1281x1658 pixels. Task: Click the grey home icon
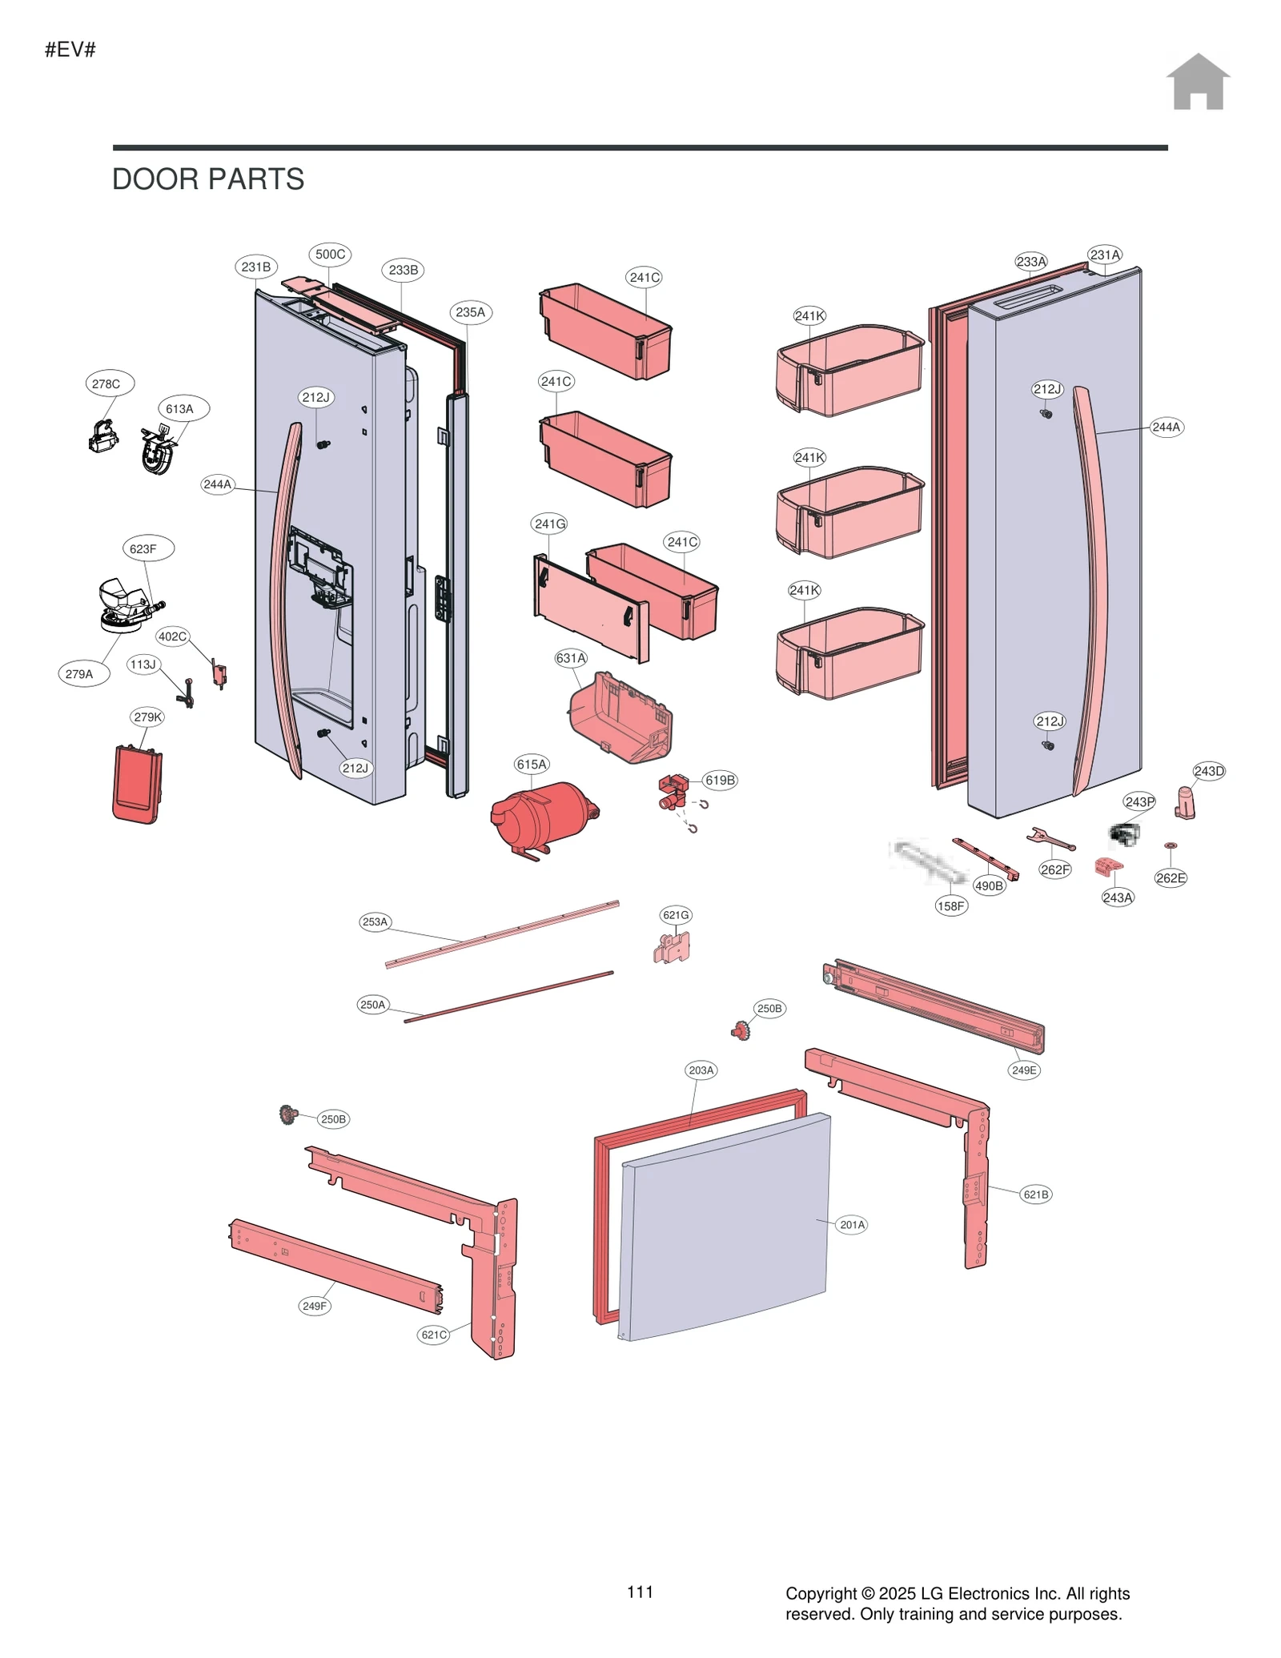tap(1197, 82)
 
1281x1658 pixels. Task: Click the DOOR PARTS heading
tap(207, 179)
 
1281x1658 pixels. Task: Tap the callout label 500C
tap(330, 255)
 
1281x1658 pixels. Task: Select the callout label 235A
tap(470, 312)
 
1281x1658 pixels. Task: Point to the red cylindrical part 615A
tap(541, 818)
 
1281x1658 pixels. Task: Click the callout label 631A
tap(571, 658)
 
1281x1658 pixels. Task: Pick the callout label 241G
tap(549, 524)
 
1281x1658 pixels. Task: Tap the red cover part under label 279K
tap(138, 784)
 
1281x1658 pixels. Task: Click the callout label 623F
tap(143, 548)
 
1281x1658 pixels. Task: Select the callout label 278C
tap(106, 383)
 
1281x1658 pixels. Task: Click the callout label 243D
tap(1208, 771)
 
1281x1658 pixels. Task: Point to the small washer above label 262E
tap(1170, 845)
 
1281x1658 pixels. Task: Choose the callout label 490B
tap(989, 885)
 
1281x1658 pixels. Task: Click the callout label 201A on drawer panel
tap(852, 1224)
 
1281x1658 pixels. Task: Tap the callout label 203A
tap(701, 1070)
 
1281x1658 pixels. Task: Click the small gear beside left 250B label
tap(288, 1114)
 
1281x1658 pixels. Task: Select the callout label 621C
tap(434, 1334)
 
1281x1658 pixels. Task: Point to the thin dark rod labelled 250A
tap(508, 997)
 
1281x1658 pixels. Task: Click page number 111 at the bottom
tap(640, 1592)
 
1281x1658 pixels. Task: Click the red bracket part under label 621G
tap(673, 949)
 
